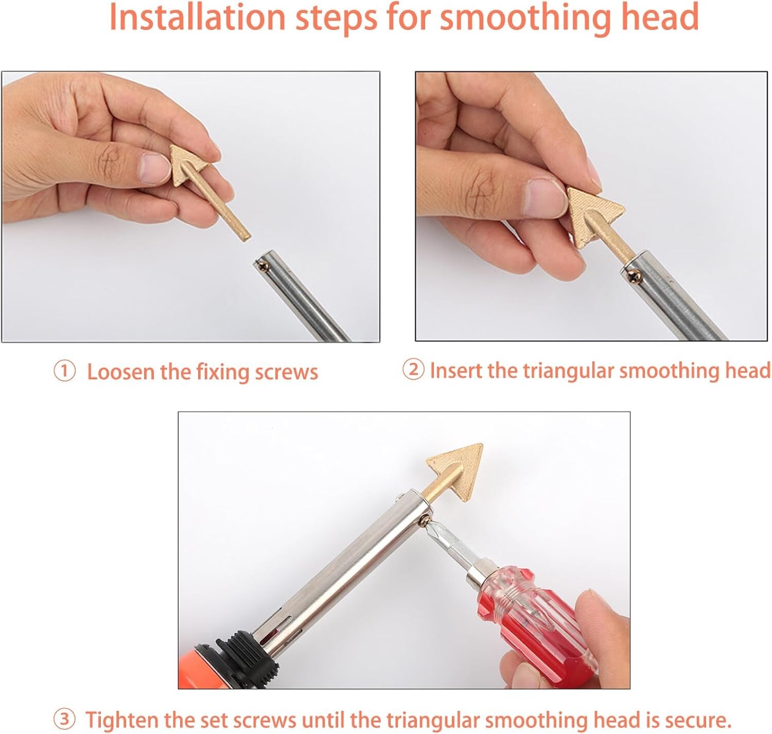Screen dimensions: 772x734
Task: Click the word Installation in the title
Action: click(197, 18)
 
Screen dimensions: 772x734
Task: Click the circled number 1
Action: click(64, 372)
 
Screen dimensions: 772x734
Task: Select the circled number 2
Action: click(413, 370)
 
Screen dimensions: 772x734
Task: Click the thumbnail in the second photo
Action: click(546, 198)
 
